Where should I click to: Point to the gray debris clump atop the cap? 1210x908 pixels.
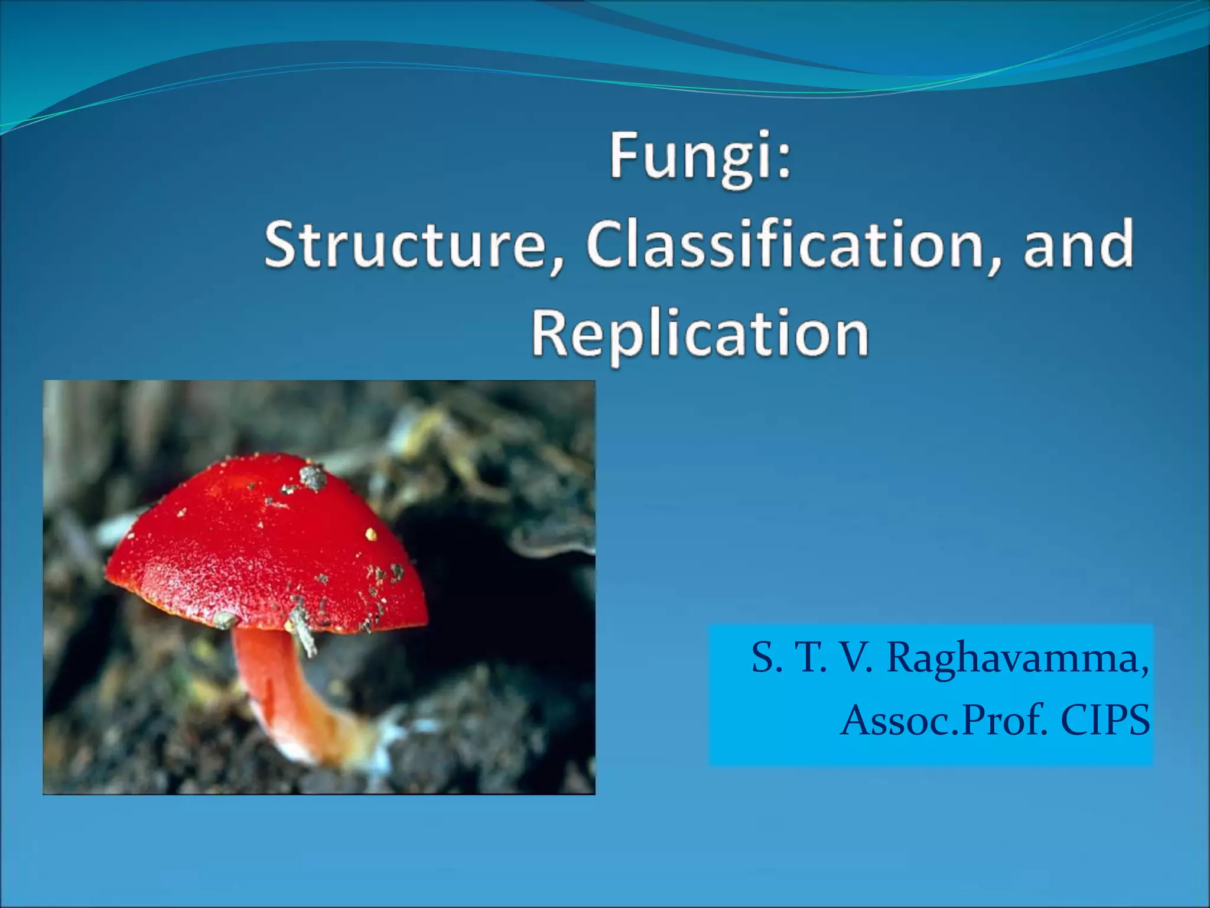(x=312, y=476)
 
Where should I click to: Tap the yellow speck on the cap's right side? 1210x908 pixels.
(x=370, y=534)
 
